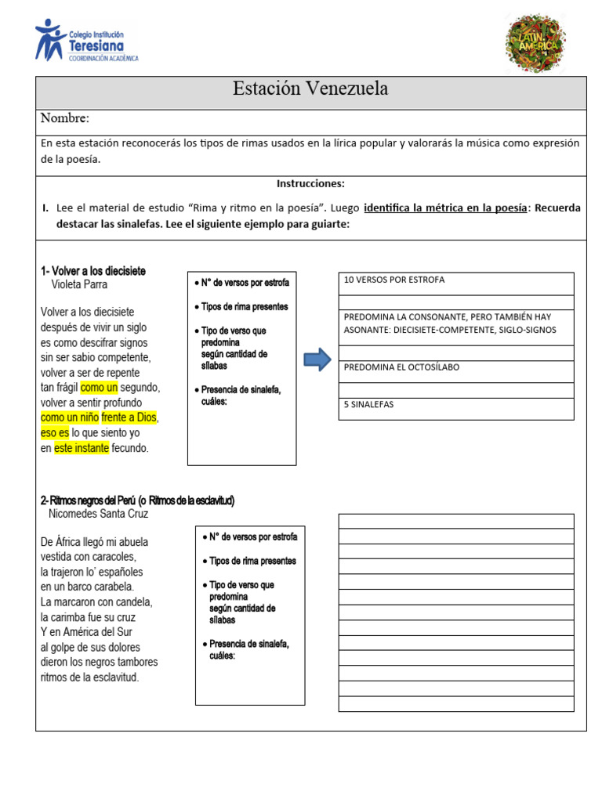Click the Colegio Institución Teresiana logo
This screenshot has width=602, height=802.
pos(86,42)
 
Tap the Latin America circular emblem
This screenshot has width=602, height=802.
pos(535,42)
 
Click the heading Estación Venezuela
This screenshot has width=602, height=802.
pos(310,89)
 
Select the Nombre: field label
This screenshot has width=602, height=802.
pos(65,118)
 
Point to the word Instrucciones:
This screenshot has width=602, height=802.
pos(310,183)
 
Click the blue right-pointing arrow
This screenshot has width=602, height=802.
pos(317,360)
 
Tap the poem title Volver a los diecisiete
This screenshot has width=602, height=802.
pos(93,271)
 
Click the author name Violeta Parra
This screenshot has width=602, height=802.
pos(79,285)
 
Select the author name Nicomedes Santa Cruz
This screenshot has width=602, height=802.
pos(98,515)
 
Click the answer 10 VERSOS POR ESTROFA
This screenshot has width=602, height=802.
pos(394,280)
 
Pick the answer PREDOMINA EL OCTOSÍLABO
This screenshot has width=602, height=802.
pos(401,367)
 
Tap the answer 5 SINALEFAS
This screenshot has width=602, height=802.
pos(368,404)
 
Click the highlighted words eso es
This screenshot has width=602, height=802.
pos(55,432)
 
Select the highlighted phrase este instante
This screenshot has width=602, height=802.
pos(82,448)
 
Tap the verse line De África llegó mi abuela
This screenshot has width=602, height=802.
pos(94,542)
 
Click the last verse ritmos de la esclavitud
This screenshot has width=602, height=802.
pos(89,677)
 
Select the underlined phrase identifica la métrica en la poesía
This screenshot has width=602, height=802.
pos(445,208)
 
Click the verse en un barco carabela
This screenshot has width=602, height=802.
pos(87,587)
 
